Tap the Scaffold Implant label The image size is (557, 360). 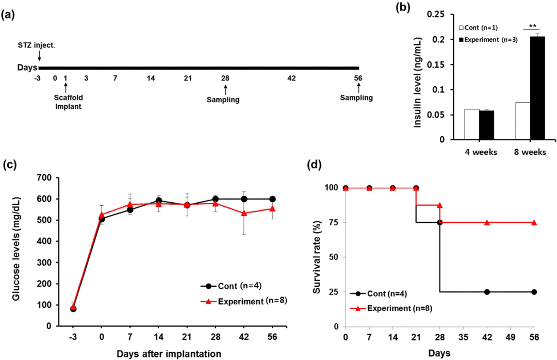[68, 102]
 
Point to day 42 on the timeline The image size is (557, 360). [291, 78]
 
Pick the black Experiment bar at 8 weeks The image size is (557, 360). [537, 88]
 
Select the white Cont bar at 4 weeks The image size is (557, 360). [471, 124]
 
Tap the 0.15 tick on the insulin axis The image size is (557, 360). [444, 65]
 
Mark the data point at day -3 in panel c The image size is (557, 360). [73, 308]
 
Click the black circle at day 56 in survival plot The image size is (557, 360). [534, 292]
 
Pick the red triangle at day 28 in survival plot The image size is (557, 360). [440, 205]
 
